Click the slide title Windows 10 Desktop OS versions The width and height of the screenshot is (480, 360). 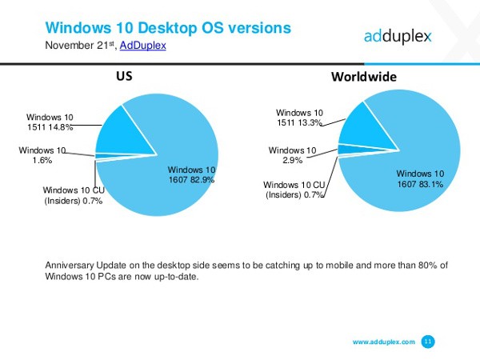(168, 27)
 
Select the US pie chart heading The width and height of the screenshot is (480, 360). (124, 78)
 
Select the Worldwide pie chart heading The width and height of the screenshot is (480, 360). (364, 78)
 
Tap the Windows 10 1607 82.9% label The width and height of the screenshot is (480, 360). (190, 175)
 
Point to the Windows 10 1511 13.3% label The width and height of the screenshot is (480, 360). (300, 118)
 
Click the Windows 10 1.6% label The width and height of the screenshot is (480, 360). (42, 154)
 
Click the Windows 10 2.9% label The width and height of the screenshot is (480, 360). (292, 156)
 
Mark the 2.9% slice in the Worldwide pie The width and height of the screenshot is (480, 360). (345, 150)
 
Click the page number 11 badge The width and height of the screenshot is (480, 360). (428, 342)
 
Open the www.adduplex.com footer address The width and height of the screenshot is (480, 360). (384, 342)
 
